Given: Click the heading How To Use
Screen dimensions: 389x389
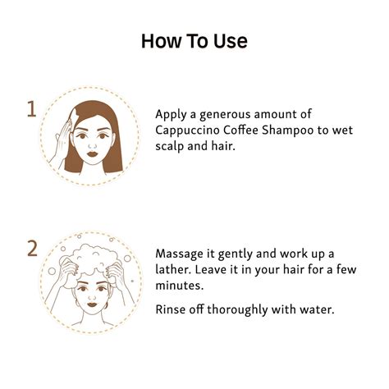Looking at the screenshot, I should click(x=194, y=40).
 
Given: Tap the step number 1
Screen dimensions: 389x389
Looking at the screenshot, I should click(x=32, y=109).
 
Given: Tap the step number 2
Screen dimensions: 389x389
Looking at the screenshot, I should click(x=32, y=247).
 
